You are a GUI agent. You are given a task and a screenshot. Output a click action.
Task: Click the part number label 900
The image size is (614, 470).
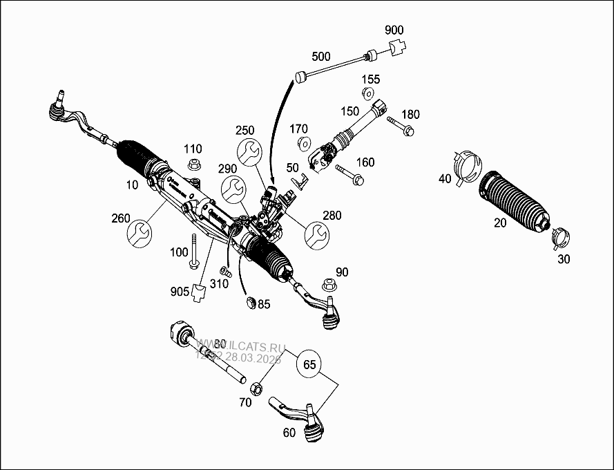[394, 30]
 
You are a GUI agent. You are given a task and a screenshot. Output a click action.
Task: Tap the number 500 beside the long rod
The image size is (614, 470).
[321, 56]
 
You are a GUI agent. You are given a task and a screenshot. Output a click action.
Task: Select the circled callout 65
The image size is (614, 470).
[311, 364]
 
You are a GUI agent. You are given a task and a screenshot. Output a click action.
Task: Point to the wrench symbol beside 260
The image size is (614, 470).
[140, 233]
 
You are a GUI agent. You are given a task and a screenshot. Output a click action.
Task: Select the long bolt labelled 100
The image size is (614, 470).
[195, 251]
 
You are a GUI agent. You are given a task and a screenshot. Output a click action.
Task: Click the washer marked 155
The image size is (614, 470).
[368, 94]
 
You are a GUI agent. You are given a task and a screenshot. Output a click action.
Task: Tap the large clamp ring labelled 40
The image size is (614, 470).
[466, 165]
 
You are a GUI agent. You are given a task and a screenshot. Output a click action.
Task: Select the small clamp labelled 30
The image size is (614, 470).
[562, 237]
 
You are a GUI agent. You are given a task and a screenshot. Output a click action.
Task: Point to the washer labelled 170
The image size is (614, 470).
[303, 144]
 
